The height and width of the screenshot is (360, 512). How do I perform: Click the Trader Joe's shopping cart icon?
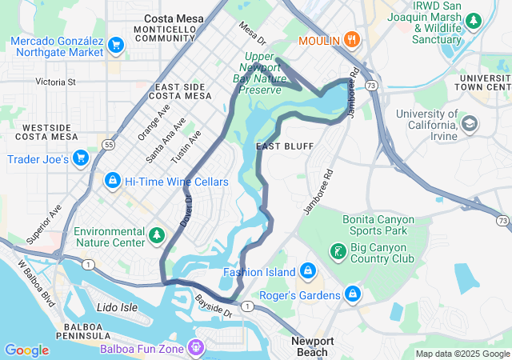tap(80, 158)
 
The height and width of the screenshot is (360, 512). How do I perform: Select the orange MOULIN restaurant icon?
tap(351, 40)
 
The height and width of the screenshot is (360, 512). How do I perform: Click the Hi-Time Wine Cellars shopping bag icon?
tap(113, 182)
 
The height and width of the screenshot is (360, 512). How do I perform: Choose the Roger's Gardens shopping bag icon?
tap(353, 294)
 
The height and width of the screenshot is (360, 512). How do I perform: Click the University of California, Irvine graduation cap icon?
tap(469, 123)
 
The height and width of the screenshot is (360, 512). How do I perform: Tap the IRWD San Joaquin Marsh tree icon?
tap(474, 20)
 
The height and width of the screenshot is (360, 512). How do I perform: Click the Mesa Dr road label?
tap(252, 33)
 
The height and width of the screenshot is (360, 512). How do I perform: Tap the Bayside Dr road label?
tap(214, 306)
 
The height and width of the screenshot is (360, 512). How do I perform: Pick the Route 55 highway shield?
tap(107, 145)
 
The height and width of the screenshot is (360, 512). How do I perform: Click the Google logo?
tap(26, 350)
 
